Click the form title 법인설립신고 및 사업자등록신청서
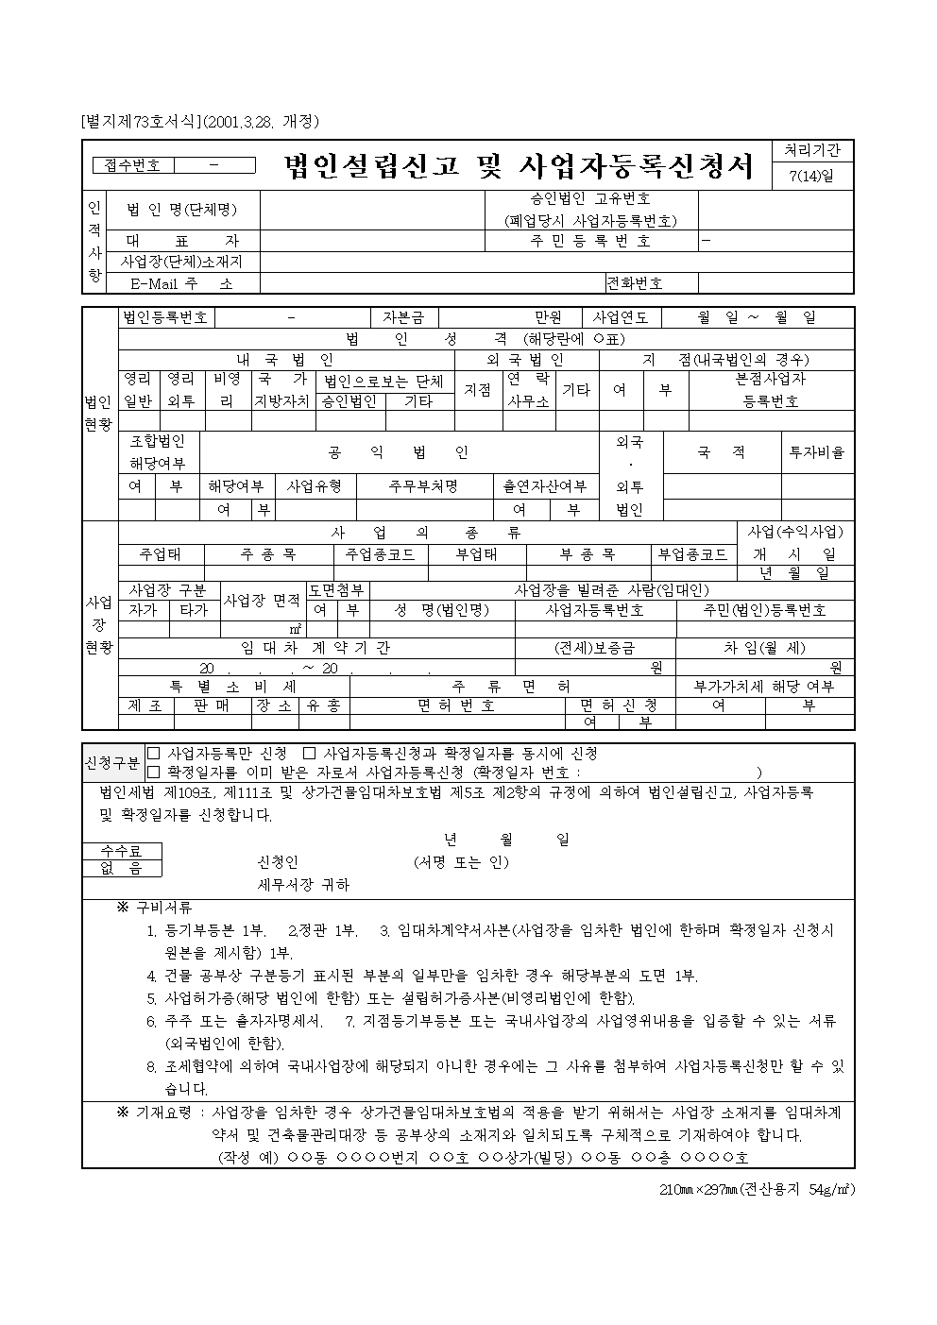[x=520, y=167]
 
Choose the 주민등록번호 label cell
[x=590, y=241]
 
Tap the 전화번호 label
[x=635, y=282]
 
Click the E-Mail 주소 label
[x=181, y=282]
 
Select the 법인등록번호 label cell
[x=165, y=317]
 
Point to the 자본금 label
[x=403, y=317]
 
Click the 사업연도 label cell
[x=621, y=317]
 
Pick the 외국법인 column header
[x=526, y=360]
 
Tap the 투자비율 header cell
[x=817, y=452]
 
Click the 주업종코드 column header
[x=381, y=554]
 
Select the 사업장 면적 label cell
[x=263, y=601]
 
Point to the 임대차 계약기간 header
[x=315, y=648]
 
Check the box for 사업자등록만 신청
[x=154, y=754]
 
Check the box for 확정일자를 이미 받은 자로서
[x=154, y=772]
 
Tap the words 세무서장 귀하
[x=303, y=885]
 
